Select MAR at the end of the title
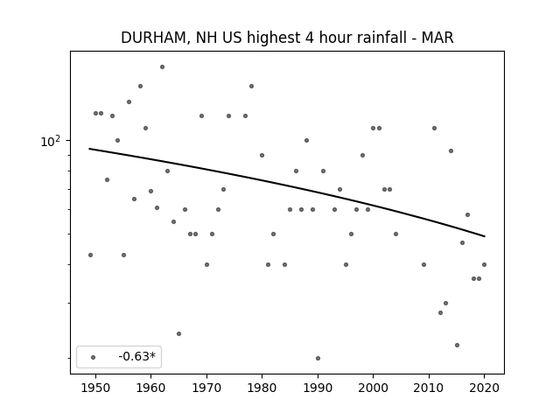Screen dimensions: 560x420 point(437,38)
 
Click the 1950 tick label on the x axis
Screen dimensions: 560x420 point(95,388)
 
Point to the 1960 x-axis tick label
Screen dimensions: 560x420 point(150,388)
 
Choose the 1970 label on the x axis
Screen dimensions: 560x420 point(206,388)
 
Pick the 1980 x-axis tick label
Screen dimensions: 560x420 point(262,388)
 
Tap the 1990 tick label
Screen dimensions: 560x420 point(318,388)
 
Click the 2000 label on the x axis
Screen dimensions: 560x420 point(374,388)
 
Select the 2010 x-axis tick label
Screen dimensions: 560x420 point(429,388)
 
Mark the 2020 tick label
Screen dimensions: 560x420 point(484,388)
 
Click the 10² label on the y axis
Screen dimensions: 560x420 point(51,142)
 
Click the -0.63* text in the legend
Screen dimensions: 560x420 point(137,356)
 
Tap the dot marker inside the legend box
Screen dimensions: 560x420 point(94,357)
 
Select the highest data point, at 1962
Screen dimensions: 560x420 point(162,66)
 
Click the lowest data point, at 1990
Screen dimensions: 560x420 point(318,358)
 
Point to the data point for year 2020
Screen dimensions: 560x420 point(484,264)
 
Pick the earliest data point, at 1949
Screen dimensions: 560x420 point(90,255)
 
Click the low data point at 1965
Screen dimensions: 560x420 point(178,334)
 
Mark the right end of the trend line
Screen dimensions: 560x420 point(485,236)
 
